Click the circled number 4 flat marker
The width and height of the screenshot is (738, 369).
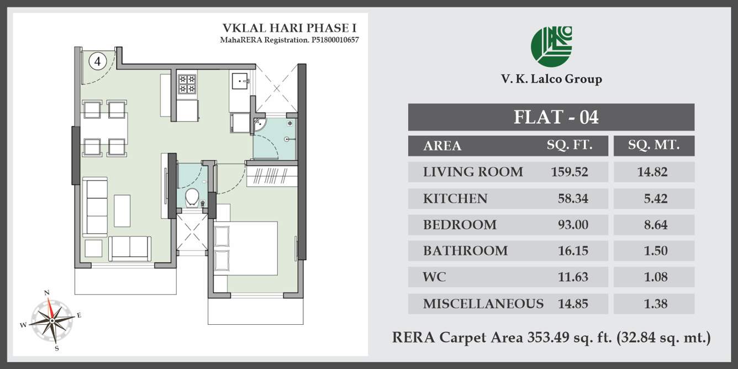pyautogui.click(x=97, y=61)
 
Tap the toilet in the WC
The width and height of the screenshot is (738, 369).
pyautogui.click(x=192, y=196)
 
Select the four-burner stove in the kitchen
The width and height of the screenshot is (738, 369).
pyautogui.click(x=187, y=83)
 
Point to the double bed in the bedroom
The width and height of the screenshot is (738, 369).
pyautogui.click(x=245, y=248)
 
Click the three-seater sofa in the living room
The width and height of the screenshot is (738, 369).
pyautogui.click(x=97, y=207)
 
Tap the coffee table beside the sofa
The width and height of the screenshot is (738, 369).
pyautogui.click(x=122, y=210)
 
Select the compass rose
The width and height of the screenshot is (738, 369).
pyautogui.click(x=51, y=320)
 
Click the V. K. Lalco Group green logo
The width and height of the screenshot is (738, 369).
pyautogui.click(x=551, y=46)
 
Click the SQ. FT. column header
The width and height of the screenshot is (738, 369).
pyautogui.click(x=569, y=146)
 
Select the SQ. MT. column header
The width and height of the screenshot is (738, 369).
pyautogui.click(x=653, y=146)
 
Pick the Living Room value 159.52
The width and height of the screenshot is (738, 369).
pyautogui.click(x=569, y=172)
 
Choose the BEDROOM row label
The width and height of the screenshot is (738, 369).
pyautogui.click(x=460, y=225)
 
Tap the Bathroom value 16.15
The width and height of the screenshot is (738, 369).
pyautogui.click(x=573, y=251)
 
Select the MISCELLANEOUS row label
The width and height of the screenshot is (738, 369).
pyautogui.click(x=483, y=303)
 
